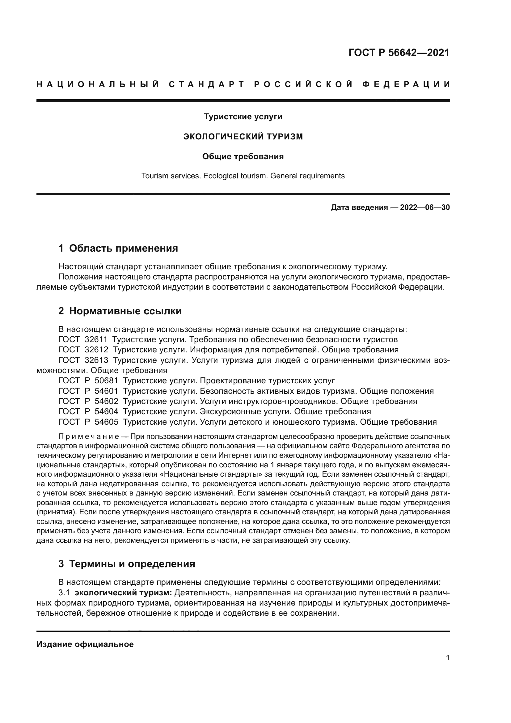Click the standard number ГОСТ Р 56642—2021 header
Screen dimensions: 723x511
point(399,53)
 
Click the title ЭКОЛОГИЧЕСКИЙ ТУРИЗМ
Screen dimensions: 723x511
point(243,137)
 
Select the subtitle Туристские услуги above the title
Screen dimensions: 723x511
point(243,117)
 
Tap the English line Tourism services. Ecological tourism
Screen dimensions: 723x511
point(243,176)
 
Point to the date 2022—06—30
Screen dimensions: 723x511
point(425,207)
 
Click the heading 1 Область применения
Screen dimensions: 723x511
point(118,248)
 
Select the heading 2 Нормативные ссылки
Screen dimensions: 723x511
point(120,311)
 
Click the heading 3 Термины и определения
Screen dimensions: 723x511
point(126,564)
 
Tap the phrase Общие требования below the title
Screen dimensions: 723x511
point(243,156)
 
